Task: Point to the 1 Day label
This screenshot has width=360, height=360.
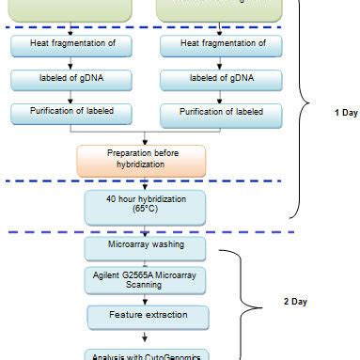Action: pyautogui.click(x=346, y=112)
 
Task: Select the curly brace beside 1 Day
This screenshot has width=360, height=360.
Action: pyautogui.click(x=304, y=108)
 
